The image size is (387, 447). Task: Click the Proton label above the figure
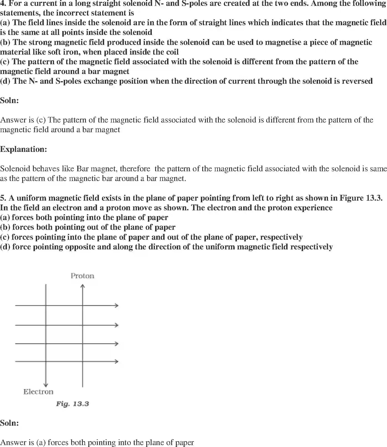[82, 276]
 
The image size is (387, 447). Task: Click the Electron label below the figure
[38, 392]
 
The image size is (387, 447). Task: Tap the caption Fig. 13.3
[72, 404]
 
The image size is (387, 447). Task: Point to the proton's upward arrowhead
[82, 286]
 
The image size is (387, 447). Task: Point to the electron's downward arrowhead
[46, 385]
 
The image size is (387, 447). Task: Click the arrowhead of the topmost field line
[117, 305]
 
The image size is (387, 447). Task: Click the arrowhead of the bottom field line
[117, 361]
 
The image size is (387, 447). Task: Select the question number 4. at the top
[3, 4]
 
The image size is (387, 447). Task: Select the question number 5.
[3, 198]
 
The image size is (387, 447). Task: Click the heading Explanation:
[24, 149]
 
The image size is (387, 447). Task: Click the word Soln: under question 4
[9, 100]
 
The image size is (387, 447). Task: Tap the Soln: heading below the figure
[9, 423]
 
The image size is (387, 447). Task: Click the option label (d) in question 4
[5, 81]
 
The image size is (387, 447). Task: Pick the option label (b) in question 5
[5, 227]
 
